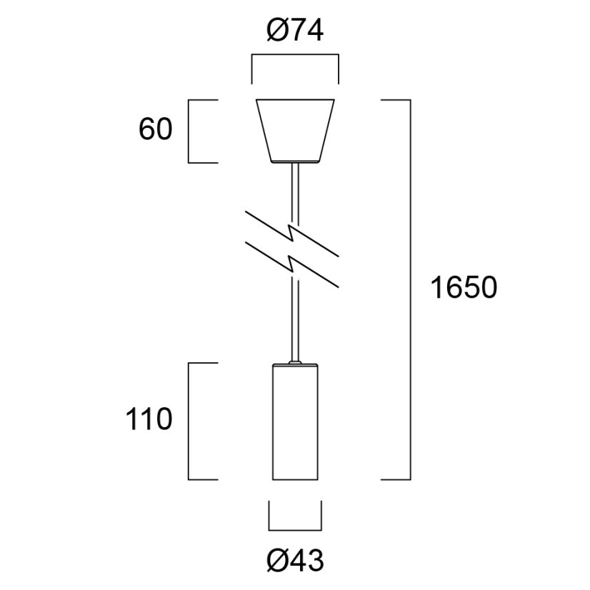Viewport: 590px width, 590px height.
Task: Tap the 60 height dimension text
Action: [x=156, y=131]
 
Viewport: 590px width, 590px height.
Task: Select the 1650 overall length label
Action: [x=463, y=288]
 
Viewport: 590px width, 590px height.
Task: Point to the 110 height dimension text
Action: [x=149, y=419]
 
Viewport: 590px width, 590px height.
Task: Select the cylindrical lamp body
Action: [x=294, y=421]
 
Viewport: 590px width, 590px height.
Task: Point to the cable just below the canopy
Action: [x=294, y=186]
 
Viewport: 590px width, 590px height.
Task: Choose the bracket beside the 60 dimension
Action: [x=189, y=131]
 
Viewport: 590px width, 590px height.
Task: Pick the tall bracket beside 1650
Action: [x=409, y=289]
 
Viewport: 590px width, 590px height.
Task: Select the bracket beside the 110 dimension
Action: [x=189, y=421]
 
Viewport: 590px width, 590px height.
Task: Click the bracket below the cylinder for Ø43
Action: [x=294, y=530]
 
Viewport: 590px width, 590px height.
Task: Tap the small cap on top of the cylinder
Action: [x=294, y=364]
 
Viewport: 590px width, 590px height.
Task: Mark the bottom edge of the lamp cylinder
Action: [x=294, y=478]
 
